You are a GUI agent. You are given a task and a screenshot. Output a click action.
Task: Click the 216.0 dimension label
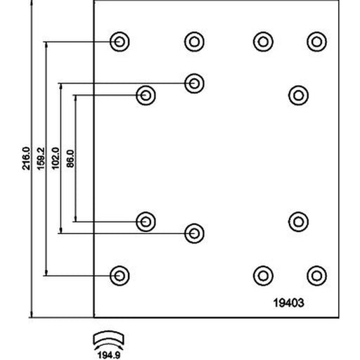coord(26,158)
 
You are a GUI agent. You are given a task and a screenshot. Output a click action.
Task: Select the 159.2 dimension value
coord(41,158)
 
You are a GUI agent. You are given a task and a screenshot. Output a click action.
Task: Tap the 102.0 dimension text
coord(56,158)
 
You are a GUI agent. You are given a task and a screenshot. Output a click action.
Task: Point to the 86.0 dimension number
coord(70,159)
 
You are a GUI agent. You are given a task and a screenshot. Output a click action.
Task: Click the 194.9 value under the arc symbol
coord(109,355)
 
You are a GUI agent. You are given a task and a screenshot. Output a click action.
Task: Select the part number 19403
coord(289,302)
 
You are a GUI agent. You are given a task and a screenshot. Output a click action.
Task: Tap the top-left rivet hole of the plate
coord(120,41)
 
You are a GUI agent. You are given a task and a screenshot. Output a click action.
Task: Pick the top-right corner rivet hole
coord(316,41)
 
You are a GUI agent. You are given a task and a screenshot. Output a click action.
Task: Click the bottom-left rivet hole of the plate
coord(120,276)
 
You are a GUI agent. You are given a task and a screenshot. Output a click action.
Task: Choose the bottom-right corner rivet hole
coord(316,276)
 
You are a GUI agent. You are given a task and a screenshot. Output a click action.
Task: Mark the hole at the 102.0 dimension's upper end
coord(194,83)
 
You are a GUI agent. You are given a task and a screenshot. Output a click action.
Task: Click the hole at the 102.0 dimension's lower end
coord(194,233)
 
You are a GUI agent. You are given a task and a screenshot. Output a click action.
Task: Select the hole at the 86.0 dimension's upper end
coord(146,96)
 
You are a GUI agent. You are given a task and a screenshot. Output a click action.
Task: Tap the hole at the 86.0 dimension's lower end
coord(146,221)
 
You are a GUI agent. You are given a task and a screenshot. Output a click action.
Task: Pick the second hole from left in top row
coord(194,41)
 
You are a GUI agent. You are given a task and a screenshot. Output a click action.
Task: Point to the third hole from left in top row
coord(263,41)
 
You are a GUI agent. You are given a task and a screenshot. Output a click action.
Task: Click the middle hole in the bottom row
coord(263,276)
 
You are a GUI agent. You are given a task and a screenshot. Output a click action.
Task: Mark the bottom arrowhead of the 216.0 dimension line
coord(32,314)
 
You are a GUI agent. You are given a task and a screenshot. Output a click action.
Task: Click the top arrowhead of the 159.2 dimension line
coord(46,46)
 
